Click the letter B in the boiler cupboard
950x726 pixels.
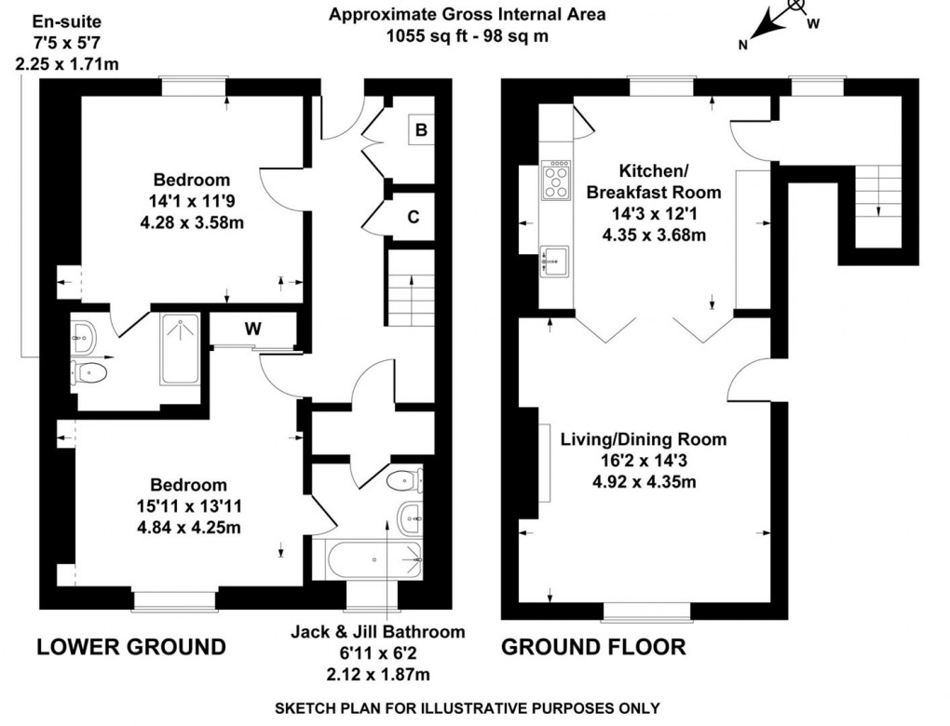pos(421,129)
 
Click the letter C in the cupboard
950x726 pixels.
pos(414,217)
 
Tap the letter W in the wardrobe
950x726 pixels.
pos(252,329)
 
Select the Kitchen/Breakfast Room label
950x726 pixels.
pos(654,181)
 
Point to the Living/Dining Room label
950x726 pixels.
pos(644,439)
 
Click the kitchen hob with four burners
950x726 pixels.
pos(556,181)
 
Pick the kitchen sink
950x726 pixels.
pos(555,261)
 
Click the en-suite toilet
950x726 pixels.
pos(88,371)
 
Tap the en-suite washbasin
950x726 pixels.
pos(83,337)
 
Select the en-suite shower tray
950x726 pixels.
pos(180,348)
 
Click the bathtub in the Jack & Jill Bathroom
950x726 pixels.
pos(373,560)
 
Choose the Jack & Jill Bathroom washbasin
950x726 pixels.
pos(410,518)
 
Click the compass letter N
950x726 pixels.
pos(743,44)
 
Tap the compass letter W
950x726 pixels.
pos(813,23)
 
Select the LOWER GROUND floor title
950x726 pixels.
pos(131,647)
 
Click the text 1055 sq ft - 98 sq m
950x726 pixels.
pos(468,35)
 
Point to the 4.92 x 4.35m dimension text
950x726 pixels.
pos(644,482)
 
